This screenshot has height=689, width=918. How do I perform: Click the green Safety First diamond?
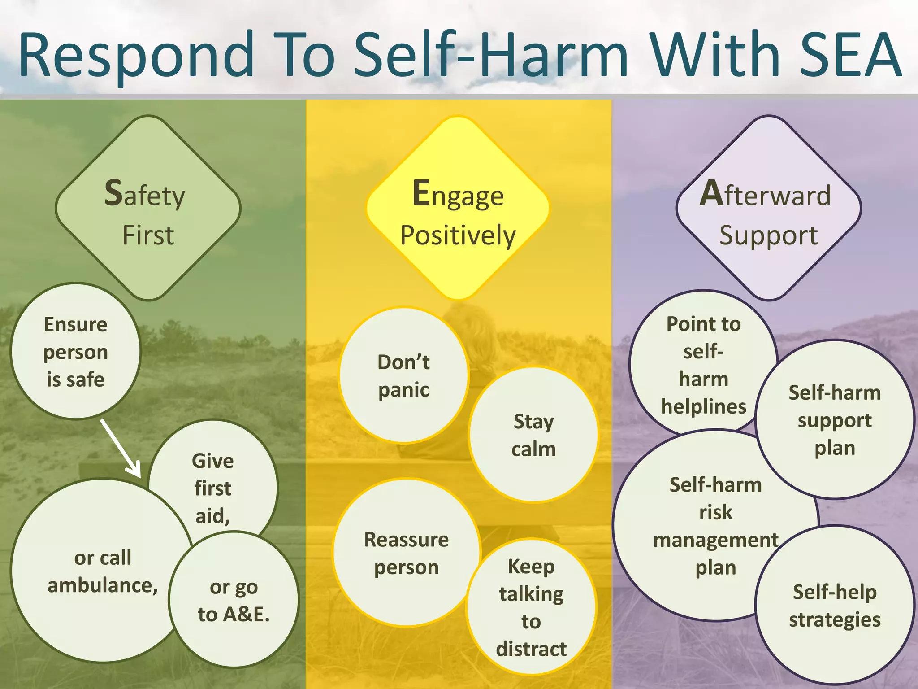coord(148,208)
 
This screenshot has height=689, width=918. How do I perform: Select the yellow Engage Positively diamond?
coord(458,208)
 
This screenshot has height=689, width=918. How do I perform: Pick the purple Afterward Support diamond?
coord(768,208)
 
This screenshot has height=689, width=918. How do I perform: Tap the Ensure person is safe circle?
coord(75,352)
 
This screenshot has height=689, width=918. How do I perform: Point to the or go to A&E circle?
coord(234,601)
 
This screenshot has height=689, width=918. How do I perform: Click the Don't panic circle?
coord(403,376)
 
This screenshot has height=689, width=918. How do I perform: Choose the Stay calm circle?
coord(533,435)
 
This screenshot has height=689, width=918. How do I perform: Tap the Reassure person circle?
coord(406,553)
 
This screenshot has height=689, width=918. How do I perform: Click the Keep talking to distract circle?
coord(531,607)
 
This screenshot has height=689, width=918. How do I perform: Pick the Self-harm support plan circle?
coord(835,420)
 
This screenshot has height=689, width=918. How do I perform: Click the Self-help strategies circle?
coord(835,606)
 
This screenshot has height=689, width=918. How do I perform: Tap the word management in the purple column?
coord(715,540)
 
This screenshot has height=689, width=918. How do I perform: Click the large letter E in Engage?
coord(421,193)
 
